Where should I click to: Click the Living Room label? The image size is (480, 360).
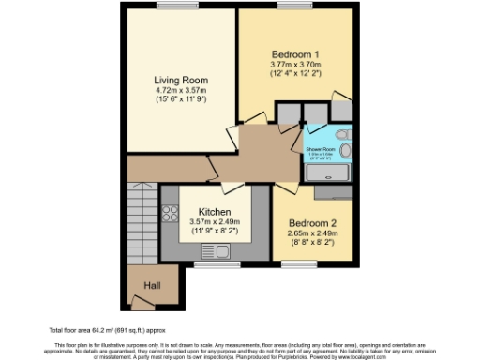(181, 80)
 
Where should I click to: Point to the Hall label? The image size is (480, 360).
(152, 285)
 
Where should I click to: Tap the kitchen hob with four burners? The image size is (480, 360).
(171, 212)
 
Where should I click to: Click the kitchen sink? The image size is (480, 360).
(217, 250)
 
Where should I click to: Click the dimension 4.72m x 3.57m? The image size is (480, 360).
(181, 92)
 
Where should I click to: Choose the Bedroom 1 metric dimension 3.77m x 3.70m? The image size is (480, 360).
(295, 64)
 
